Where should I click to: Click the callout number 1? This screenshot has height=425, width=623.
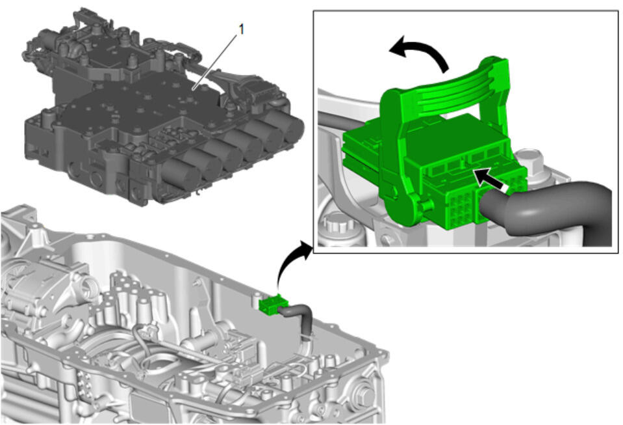(x=241, y=29)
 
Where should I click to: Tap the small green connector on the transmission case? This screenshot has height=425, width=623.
(x=270, y=304)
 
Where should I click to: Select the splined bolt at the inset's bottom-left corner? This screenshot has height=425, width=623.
(x=335, y=225)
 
